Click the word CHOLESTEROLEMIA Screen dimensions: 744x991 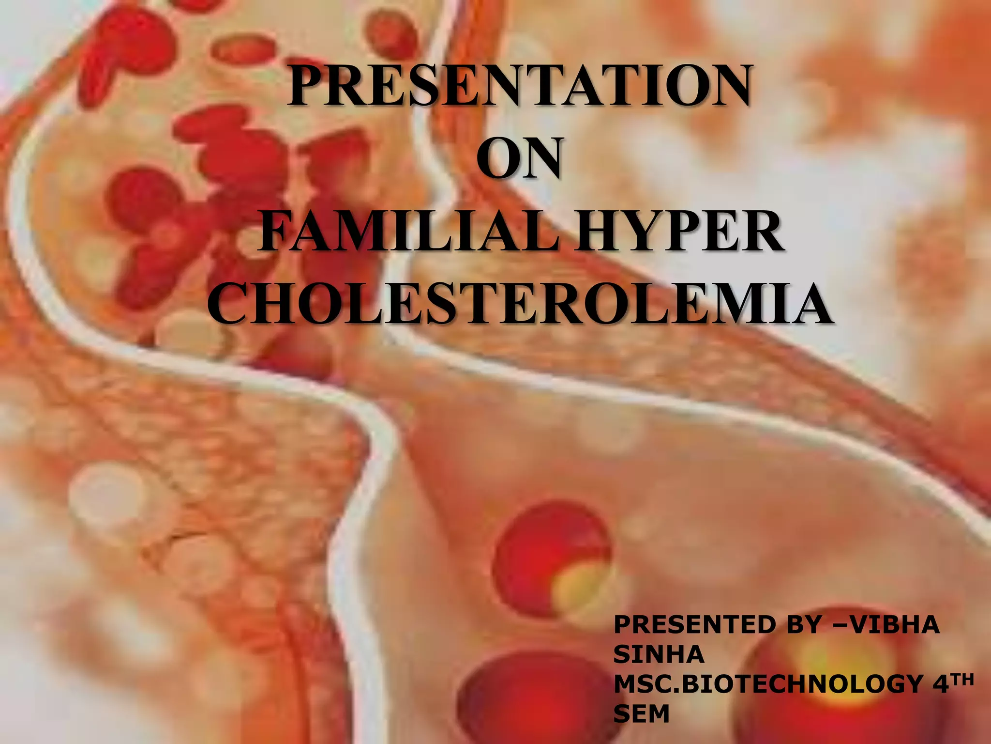point(520,303)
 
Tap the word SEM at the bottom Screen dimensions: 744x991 point(641,713)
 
